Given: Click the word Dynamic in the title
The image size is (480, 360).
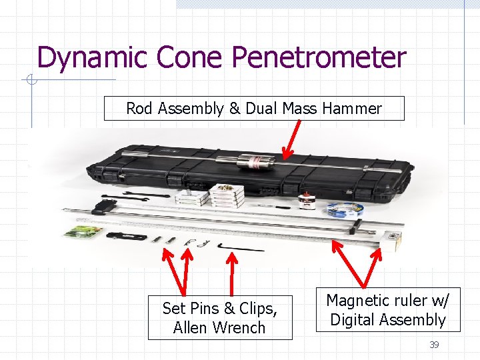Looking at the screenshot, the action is [x=93, y=57].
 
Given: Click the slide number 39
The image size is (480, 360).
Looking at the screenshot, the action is [x=434, y=345].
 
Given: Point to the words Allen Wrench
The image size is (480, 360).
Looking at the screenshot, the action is [x=219, y=328].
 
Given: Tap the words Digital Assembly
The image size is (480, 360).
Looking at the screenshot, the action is [x=388, y=320].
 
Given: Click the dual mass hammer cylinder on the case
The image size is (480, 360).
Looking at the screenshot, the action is [x=257, y=161].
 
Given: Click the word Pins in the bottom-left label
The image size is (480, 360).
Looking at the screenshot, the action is [x=205, y=309].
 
